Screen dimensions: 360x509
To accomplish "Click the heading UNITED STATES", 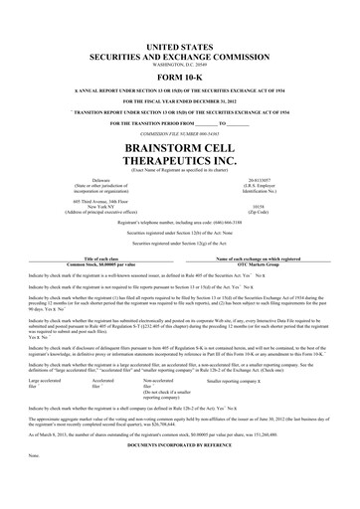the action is [x=180, y=48].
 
